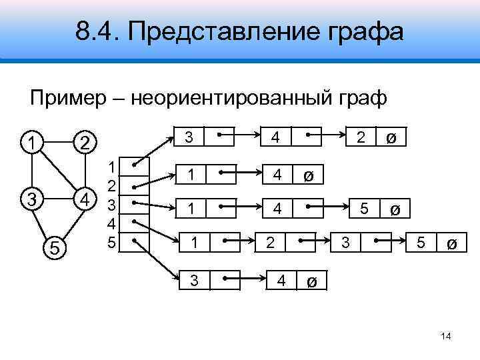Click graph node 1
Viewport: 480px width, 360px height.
28,141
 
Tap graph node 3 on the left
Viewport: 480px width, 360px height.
28,199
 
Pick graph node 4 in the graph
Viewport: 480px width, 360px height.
85,199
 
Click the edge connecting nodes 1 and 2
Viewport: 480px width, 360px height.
57,142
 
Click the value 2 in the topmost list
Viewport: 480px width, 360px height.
361,138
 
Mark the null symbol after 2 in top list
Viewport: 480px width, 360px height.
391,139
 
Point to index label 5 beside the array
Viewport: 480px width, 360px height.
113,242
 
